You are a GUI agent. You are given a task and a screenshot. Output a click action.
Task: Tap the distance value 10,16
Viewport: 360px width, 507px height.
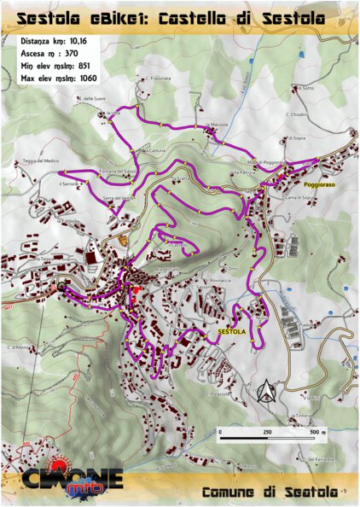click(x=82, y=41)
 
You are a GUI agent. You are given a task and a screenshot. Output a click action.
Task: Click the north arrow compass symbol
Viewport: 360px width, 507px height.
click(x=266, y=391)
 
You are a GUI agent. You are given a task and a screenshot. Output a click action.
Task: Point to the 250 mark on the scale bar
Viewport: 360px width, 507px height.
click(x=267, y=434)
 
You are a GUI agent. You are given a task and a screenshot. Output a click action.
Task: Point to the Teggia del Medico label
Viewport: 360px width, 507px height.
click(x=41, y=161)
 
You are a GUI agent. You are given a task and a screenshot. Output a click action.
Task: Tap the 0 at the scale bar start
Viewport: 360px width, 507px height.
click(x=219, y=434)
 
